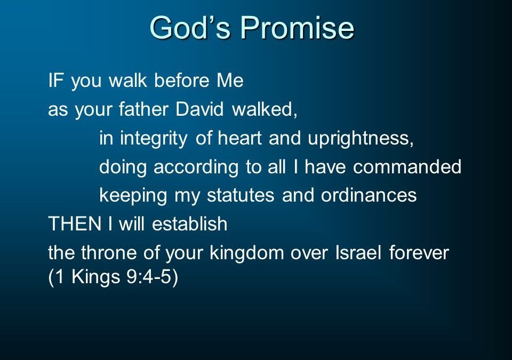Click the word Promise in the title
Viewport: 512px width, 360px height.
click(x=298, y=27)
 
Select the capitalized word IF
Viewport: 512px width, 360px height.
click(x=55, y=80)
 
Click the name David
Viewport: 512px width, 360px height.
click(x=199, y=109)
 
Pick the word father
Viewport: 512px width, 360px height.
click(x=143, y=109)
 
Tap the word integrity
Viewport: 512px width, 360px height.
click(x=154, y=139)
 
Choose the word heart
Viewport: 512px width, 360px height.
click(x=239, y=138)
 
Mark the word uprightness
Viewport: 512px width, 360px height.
click(x=361, y=139)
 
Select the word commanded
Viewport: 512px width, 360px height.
click(x=407, y=166)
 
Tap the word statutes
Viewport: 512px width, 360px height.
click(x=241, y=195)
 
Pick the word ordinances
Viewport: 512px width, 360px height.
click(x=369, y=195)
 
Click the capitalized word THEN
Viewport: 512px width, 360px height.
click(x=75, y=224)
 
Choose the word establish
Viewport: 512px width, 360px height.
click(x=190, y=224)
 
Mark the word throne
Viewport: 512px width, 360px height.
click(x=108, y=252)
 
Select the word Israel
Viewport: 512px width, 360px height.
click(x=358, y=252)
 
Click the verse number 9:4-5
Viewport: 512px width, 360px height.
click(x=149, y=277)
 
